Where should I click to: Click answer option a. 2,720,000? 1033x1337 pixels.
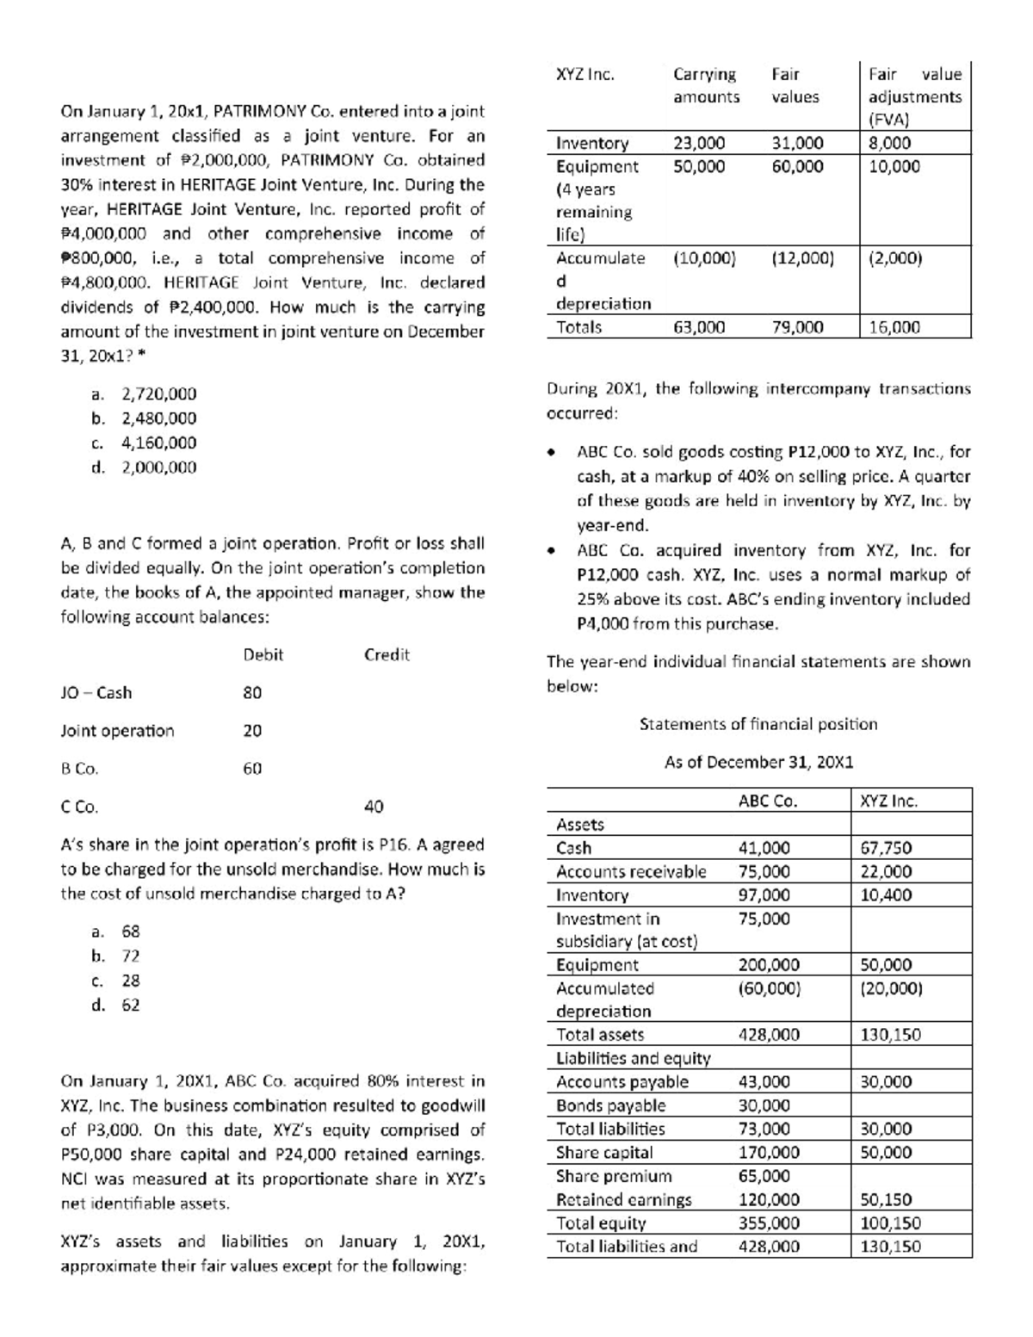point(144,393)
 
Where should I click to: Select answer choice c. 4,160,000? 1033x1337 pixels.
point(144,443)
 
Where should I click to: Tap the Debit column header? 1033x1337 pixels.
point(263,654)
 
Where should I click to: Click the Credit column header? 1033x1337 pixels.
point(387,654)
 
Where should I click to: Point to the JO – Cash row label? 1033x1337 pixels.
point(96,692)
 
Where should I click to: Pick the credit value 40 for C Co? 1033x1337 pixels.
point(374,807)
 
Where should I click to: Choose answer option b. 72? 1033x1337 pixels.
point(115,956)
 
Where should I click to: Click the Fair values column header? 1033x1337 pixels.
point(795,85)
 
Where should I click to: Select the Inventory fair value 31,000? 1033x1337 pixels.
point(797,143)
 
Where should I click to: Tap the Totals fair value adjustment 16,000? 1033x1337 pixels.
point(894,326)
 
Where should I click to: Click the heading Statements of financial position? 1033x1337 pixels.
point(758,724)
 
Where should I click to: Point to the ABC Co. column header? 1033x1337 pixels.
point(768,801)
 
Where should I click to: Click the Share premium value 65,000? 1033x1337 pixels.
point(764,1176)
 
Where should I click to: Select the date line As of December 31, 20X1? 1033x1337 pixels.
point(758,762)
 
